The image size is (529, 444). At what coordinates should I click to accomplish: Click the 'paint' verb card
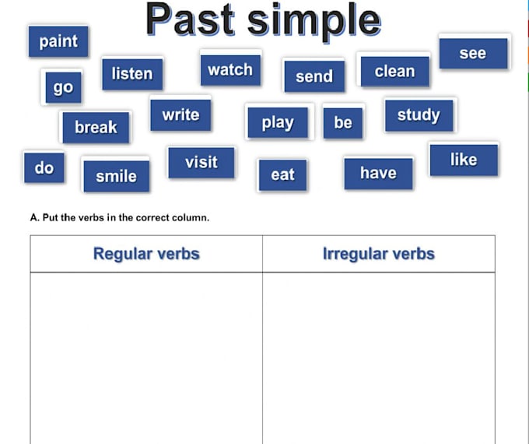point(58,41)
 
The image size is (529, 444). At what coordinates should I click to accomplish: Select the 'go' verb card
point(63,86)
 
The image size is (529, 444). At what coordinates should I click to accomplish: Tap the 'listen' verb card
point(132,74)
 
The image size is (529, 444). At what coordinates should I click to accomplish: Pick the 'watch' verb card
point(230,69)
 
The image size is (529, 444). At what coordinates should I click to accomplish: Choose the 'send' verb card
point(314,76)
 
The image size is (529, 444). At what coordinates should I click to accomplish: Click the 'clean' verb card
point(394,71)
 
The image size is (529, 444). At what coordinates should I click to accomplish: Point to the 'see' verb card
point(473,53)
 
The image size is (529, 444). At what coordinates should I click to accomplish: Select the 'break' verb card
point(96,126)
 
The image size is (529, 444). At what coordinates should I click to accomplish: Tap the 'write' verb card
point(180,115)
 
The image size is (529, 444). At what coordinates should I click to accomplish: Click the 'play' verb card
point(278,122)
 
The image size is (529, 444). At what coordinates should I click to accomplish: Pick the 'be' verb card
point(343,122)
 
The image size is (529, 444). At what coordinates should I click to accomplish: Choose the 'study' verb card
point(419,115)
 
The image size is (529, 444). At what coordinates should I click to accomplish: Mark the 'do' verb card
point(44,167)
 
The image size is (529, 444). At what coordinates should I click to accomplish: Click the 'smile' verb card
point(116,177)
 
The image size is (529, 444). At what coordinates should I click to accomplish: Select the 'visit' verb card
point(201,162)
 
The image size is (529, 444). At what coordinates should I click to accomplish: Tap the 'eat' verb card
point(282,174)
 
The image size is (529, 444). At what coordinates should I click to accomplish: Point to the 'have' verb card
point(378,173)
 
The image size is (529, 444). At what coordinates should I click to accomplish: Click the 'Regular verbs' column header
point(146,254)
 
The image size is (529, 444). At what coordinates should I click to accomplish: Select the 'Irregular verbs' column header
point(379,254)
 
